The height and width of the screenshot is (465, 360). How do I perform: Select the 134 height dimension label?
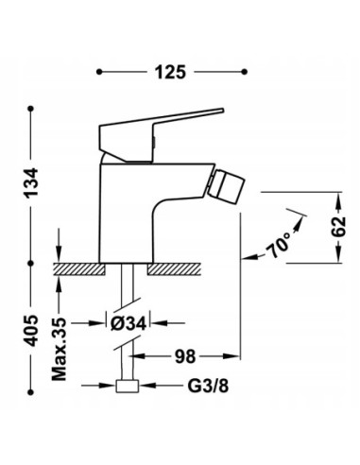tap(30, 179)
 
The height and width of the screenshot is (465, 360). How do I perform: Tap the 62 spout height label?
tap(338, 228)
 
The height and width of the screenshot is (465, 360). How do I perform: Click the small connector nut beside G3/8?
tap(125, 387)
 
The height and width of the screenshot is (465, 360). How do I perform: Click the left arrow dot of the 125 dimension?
tap(100, 71)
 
